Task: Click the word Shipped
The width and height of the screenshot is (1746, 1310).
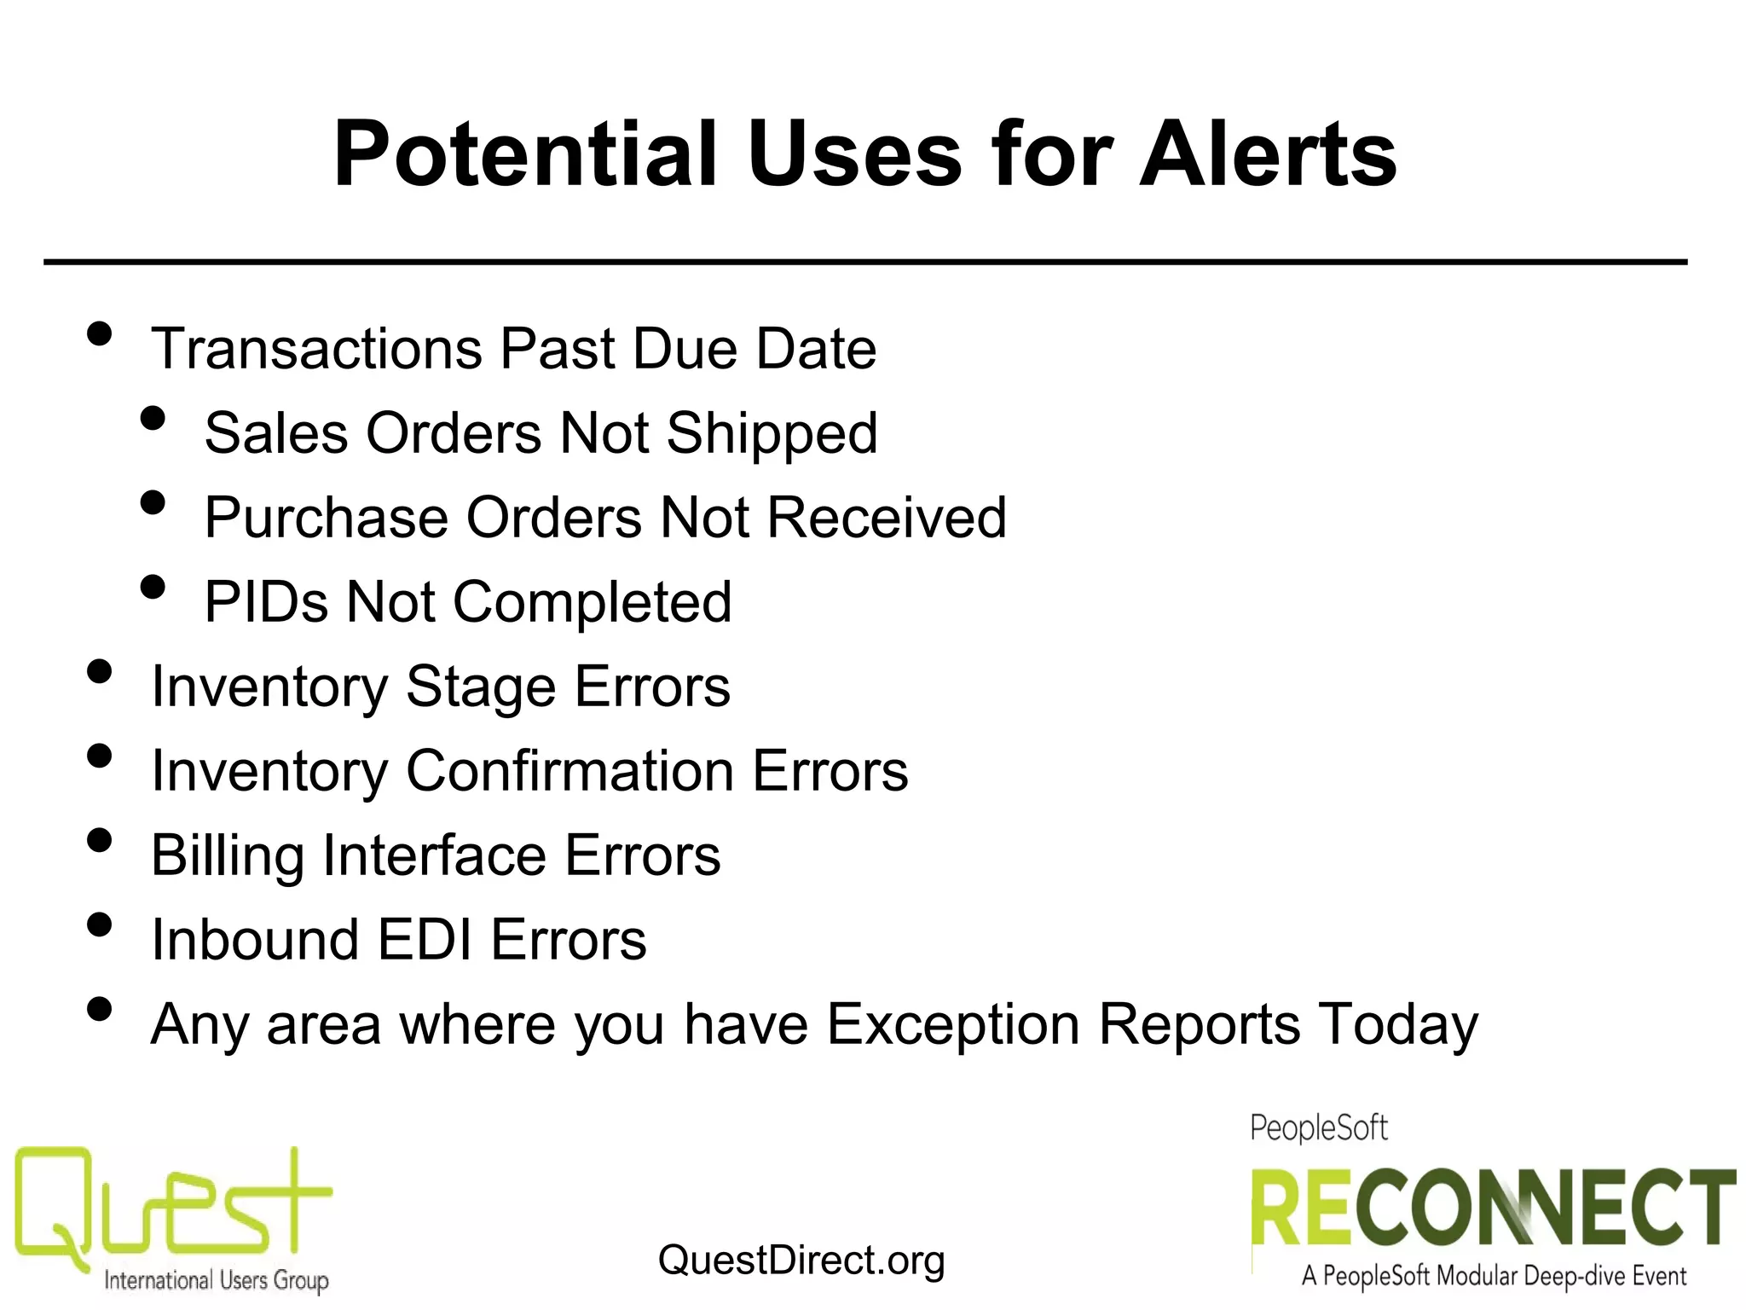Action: click(x=772, y=433)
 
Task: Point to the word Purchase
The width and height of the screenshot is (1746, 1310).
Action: click(x=326, y=518)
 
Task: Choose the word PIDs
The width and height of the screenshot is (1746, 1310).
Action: click(x=266, y=602)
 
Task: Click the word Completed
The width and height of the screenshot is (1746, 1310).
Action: click(x=592, y=602)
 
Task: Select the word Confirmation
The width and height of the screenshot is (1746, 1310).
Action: click(x=569, y=770)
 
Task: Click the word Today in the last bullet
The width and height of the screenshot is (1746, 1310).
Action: click(x=1398, y=1023)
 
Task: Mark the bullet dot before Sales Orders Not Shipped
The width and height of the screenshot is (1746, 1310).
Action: click(x=153, y=418)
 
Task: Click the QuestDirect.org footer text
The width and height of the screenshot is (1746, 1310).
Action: click(x=801, y=1261)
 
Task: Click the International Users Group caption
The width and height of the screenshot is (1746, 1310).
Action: click(x=216, y=1280)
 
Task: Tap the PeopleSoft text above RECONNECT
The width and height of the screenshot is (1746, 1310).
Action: click(x=1318, y=1128)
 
